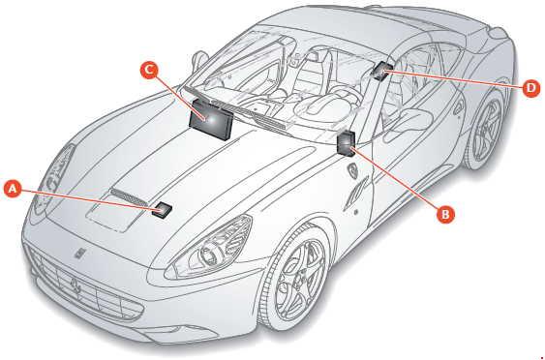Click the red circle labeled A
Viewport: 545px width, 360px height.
[13, 190]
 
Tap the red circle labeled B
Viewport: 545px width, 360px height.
[444, 215]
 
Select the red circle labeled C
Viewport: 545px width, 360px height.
[148, 69]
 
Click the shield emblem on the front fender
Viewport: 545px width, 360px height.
[354, 169]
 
